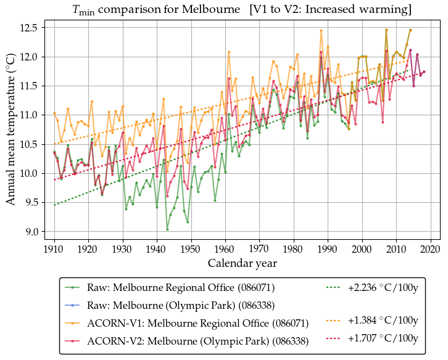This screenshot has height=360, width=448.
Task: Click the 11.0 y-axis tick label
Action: (31, 115)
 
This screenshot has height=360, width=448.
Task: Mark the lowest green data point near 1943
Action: (167, 229)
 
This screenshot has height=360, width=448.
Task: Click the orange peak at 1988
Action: (321, 30)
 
